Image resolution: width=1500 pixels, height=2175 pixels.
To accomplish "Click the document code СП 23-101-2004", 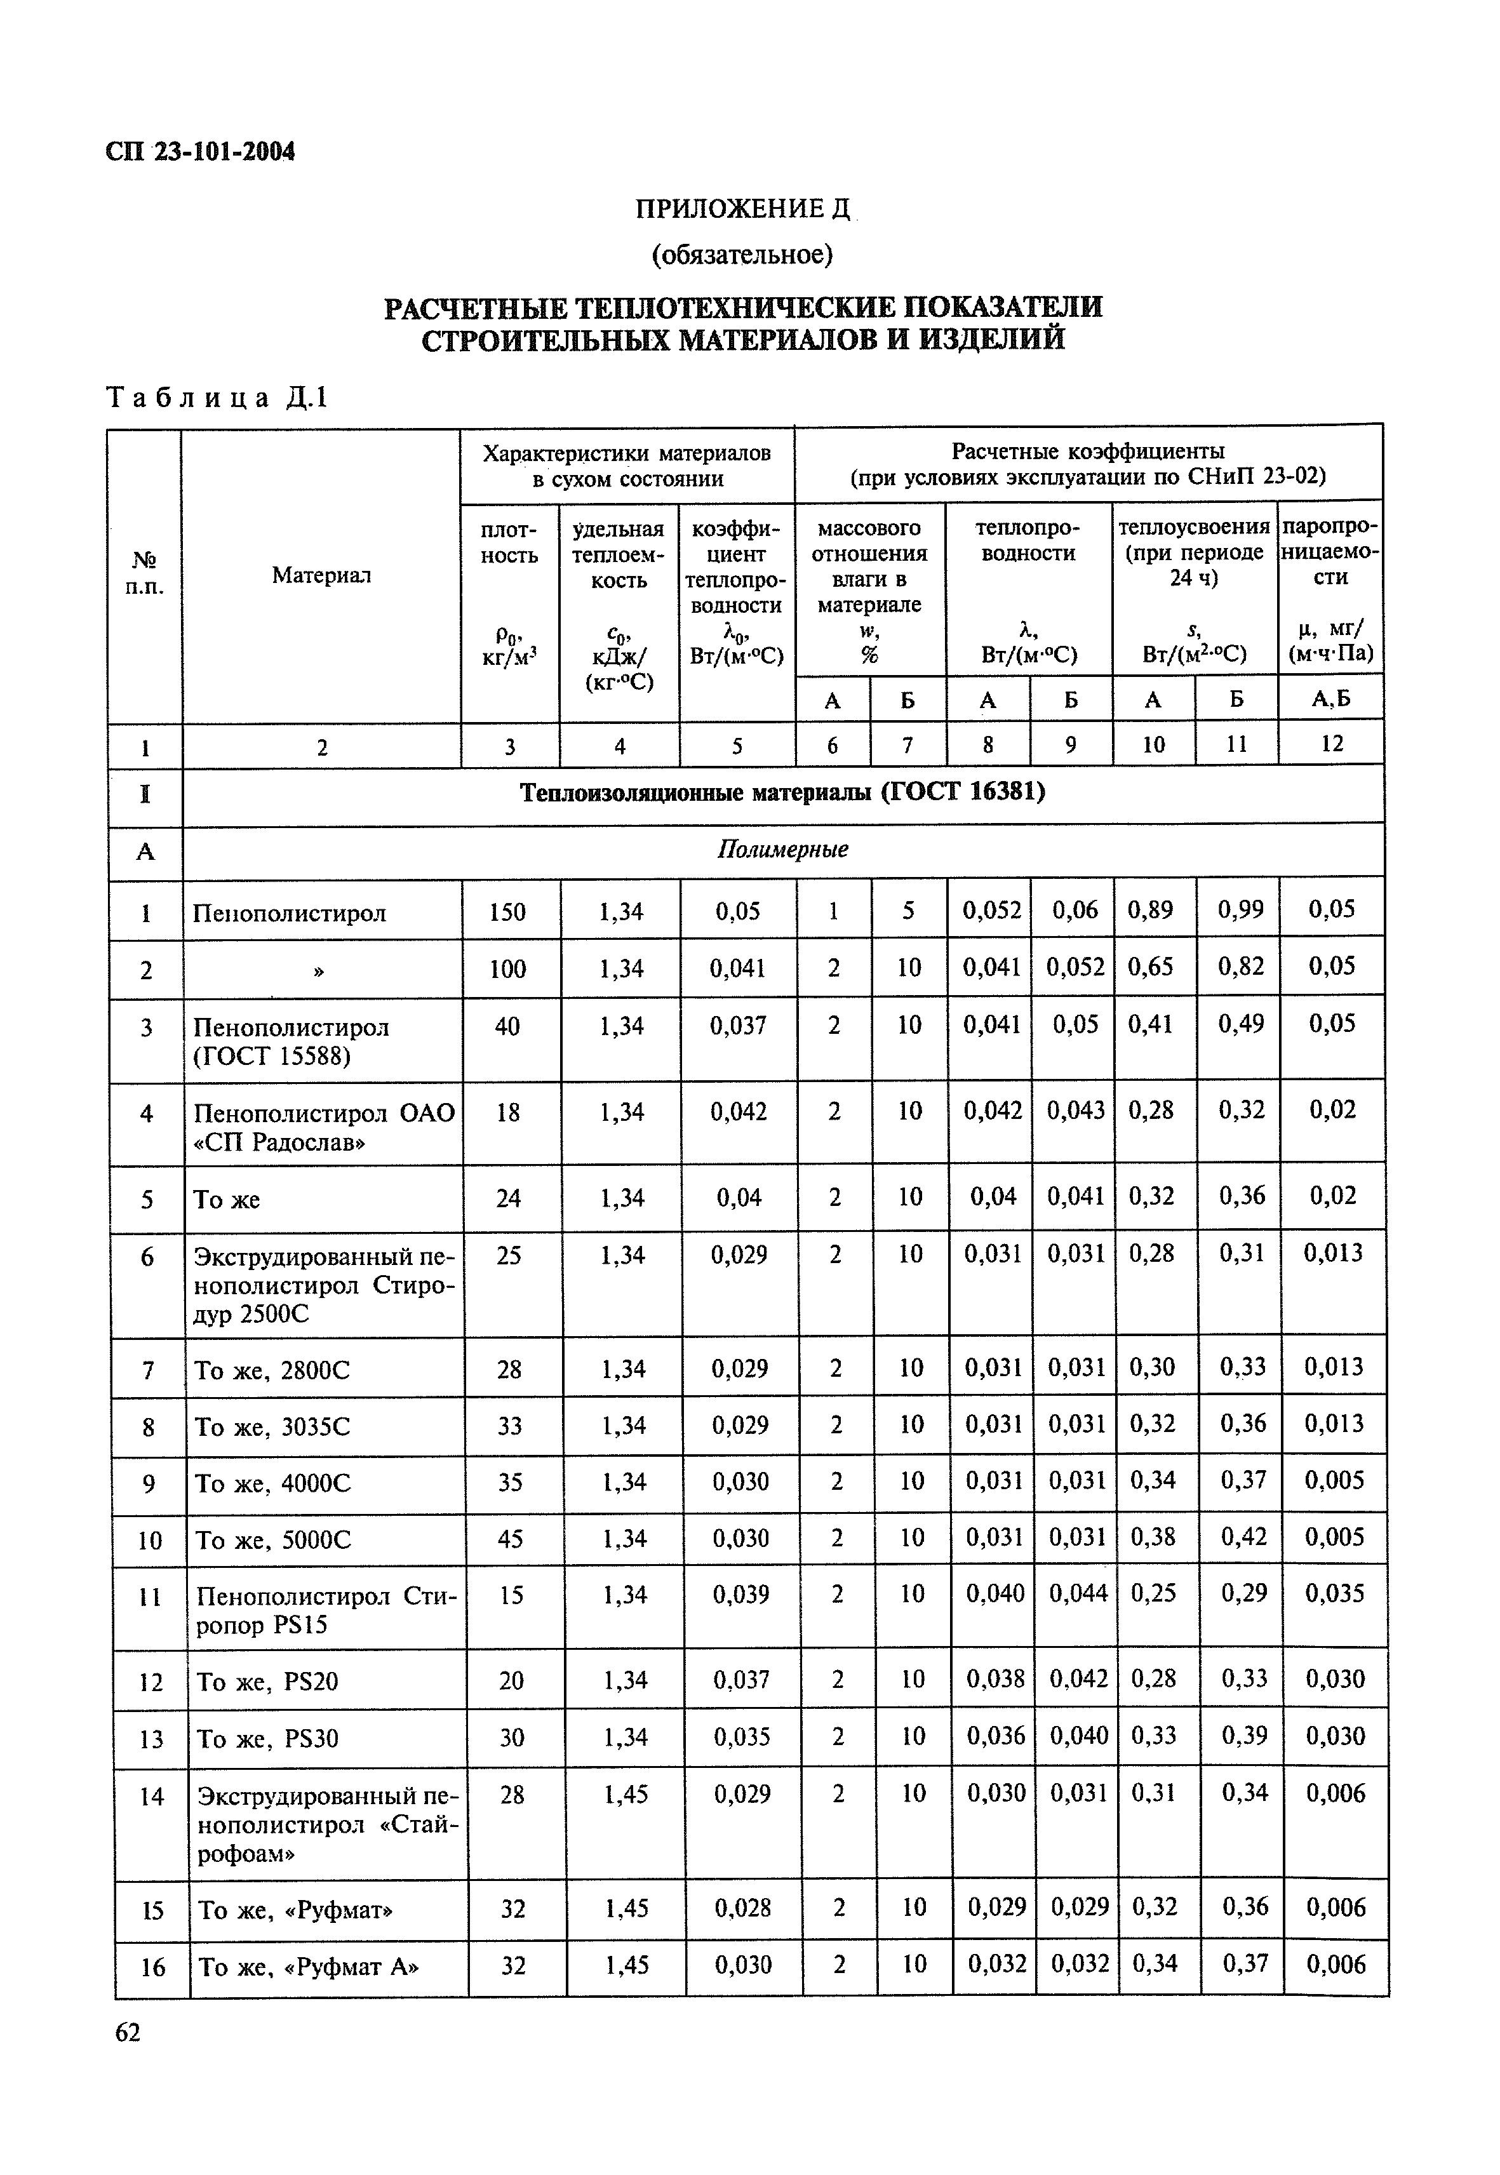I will click(x=200, y=151).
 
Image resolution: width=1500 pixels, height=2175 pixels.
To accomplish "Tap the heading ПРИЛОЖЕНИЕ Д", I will click(x=742, y=209).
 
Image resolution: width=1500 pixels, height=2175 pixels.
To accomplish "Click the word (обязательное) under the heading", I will click(x=742, y=254).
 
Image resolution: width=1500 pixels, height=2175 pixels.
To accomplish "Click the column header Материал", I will click(x=321, y=575).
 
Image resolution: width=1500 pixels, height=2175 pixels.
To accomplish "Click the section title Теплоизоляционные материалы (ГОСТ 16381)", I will click(x=782, y=793).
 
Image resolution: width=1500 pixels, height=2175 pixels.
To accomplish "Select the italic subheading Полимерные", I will click(x=782, y=850).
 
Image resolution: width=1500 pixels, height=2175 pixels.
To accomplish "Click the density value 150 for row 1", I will click(x=507, y=912).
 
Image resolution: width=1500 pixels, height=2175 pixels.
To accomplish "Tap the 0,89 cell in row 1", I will click(x=1150, y=910).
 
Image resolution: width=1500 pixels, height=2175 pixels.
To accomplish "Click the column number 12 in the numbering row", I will click(x=1332, y=744).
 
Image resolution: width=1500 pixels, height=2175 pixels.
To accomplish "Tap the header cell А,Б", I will click(x=1331, y=699).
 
